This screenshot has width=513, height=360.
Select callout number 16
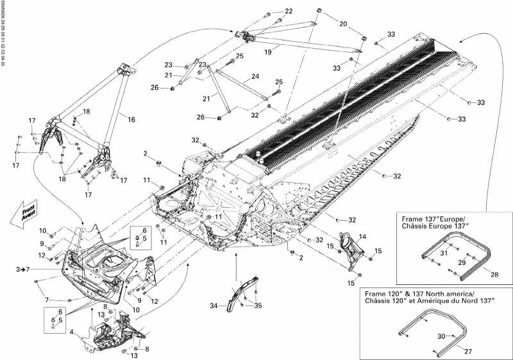pos(131,119)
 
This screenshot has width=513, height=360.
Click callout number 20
pos(343,24)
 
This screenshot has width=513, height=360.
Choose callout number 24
pos(255,76)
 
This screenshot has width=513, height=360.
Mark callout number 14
pos(362,237)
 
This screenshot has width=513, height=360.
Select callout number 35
pos(259,306)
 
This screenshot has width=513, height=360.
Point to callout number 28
pos(494,274)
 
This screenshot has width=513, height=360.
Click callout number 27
pos(467,352)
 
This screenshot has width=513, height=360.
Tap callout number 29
pos(460,263)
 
